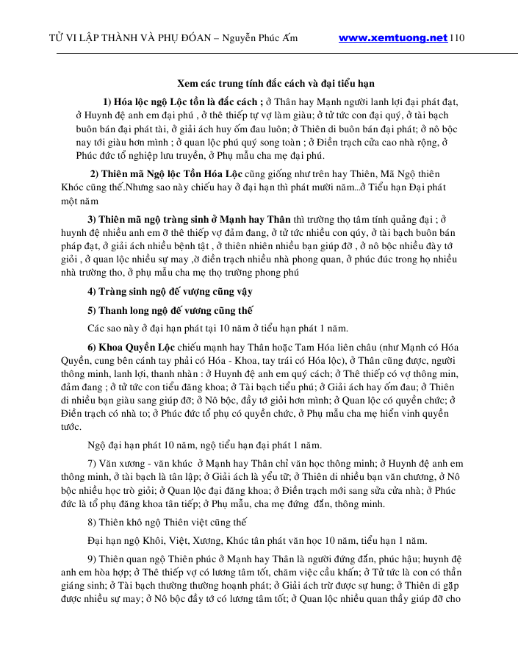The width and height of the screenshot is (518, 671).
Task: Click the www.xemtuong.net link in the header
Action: click(393, 37)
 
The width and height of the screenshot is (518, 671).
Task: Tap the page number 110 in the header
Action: click(457, 37)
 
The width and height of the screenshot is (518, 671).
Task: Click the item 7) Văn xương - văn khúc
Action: click(140, 464)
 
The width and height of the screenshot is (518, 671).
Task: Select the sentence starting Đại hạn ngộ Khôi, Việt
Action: click(252, 541)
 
